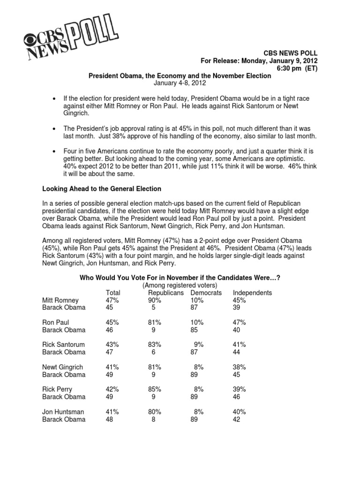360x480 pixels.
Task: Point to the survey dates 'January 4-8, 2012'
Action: coord(180,83)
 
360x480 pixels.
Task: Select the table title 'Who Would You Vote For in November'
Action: coord(180,277)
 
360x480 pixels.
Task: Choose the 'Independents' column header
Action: coord(252,292)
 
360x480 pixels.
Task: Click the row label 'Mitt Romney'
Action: coord(60,300)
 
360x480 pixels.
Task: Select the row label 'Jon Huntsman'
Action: coord(62,412)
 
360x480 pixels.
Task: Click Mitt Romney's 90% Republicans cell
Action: coord(150,300)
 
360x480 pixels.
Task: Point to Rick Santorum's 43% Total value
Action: coord(112,345)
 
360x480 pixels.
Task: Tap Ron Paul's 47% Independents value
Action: coord(240,322)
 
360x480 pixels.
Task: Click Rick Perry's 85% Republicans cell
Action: coord(150,390)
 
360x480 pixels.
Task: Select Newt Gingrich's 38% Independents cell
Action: coord(240,367)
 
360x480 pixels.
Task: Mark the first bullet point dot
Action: coord(56,98)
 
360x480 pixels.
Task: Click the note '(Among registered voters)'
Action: coord(180,285)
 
